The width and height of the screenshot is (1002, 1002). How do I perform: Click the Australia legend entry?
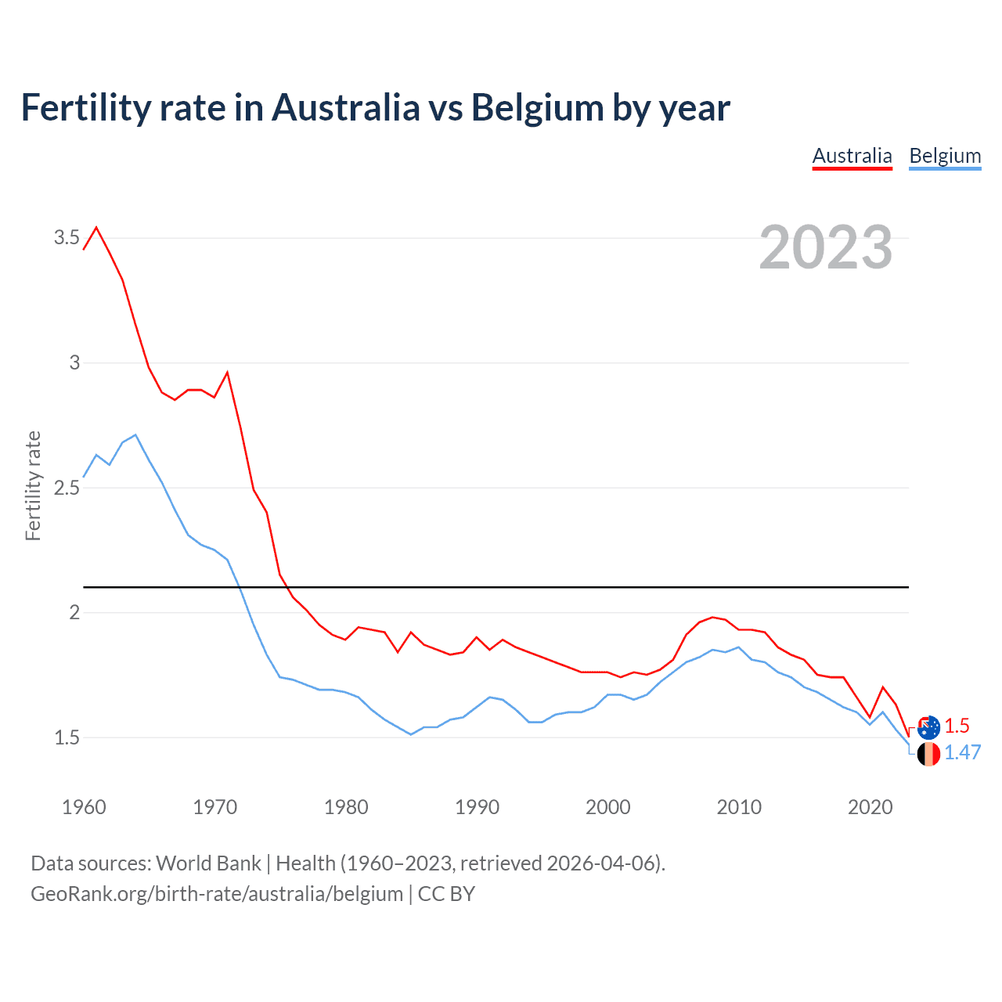[852, 157]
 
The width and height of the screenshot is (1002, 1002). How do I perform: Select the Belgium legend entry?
[945, 157]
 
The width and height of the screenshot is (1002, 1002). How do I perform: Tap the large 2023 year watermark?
[826, 247]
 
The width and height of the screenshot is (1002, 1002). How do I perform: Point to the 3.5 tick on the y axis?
[67, 238]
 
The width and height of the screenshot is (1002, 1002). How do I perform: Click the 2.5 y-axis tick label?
[67, 488]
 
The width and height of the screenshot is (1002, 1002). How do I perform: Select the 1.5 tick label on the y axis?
[67, 737]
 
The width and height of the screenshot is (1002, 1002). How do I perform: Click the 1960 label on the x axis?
[84, 807]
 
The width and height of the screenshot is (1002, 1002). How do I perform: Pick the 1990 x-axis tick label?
[477, 807]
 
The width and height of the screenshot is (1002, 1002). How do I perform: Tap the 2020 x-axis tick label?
[870, 807]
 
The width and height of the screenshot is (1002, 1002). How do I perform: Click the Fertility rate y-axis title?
[33, 485]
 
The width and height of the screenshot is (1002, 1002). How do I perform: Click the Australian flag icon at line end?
[928, 727]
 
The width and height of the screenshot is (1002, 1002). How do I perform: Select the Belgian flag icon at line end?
[928, 755]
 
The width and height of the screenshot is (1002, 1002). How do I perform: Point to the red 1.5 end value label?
[957, 726]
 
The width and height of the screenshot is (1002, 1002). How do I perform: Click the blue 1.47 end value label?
[962, 753]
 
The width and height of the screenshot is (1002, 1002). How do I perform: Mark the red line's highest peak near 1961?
[96, 228]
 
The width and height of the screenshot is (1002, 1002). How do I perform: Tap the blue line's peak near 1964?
[135, 434]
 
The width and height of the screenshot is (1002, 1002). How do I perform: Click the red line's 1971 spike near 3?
[227, 373]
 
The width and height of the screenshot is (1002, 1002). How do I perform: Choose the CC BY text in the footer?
[446, 894]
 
